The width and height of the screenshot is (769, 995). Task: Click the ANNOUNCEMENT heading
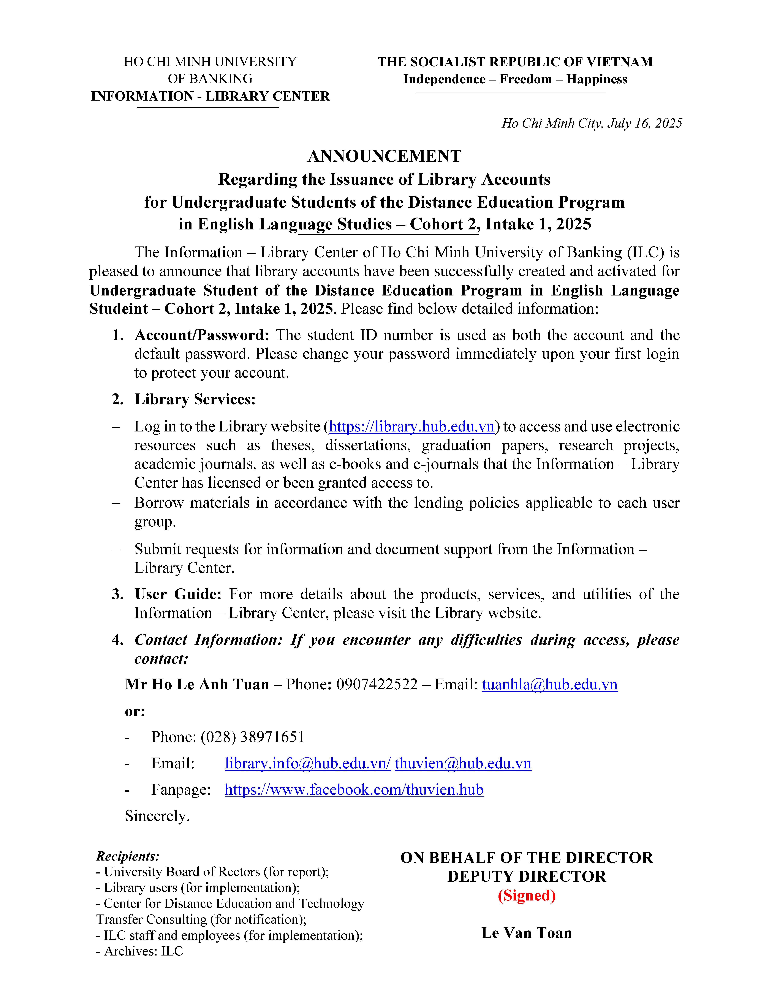[384, 156]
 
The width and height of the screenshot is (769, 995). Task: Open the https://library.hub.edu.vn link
[411, 426]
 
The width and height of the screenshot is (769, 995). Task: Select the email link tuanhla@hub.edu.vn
[549, 684]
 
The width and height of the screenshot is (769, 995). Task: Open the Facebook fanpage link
[354, 790]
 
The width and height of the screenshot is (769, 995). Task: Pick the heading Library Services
[195, 400]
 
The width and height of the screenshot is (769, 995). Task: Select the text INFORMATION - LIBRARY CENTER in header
[210, 96]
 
